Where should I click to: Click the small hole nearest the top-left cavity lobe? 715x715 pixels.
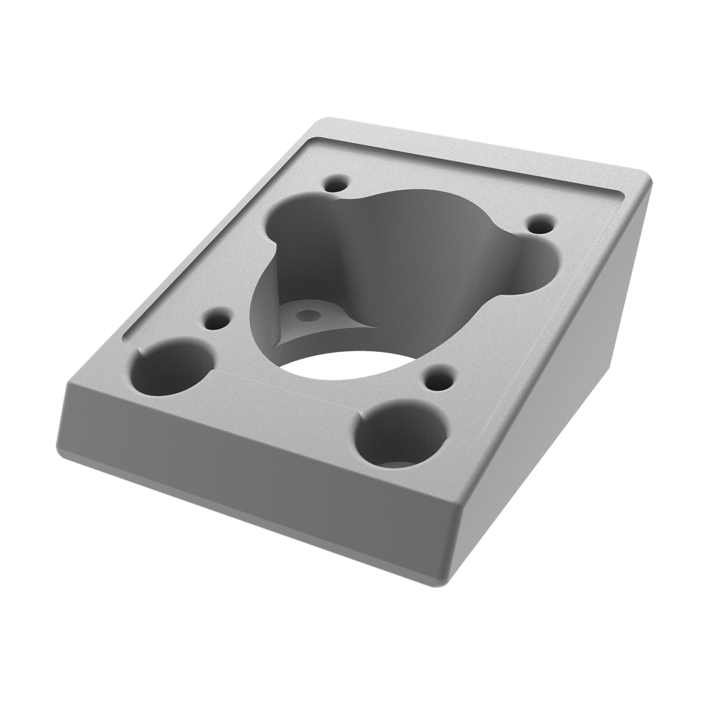click(337, 184)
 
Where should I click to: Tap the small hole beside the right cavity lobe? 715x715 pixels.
click(539, 225)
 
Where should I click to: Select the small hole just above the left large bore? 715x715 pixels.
click(216, 322)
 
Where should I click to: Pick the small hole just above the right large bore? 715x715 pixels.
click(438, 381)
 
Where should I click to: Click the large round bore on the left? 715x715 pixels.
click(172, 368)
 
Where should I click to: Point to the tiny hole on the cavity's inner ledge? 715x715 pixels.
click(305, 316)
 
